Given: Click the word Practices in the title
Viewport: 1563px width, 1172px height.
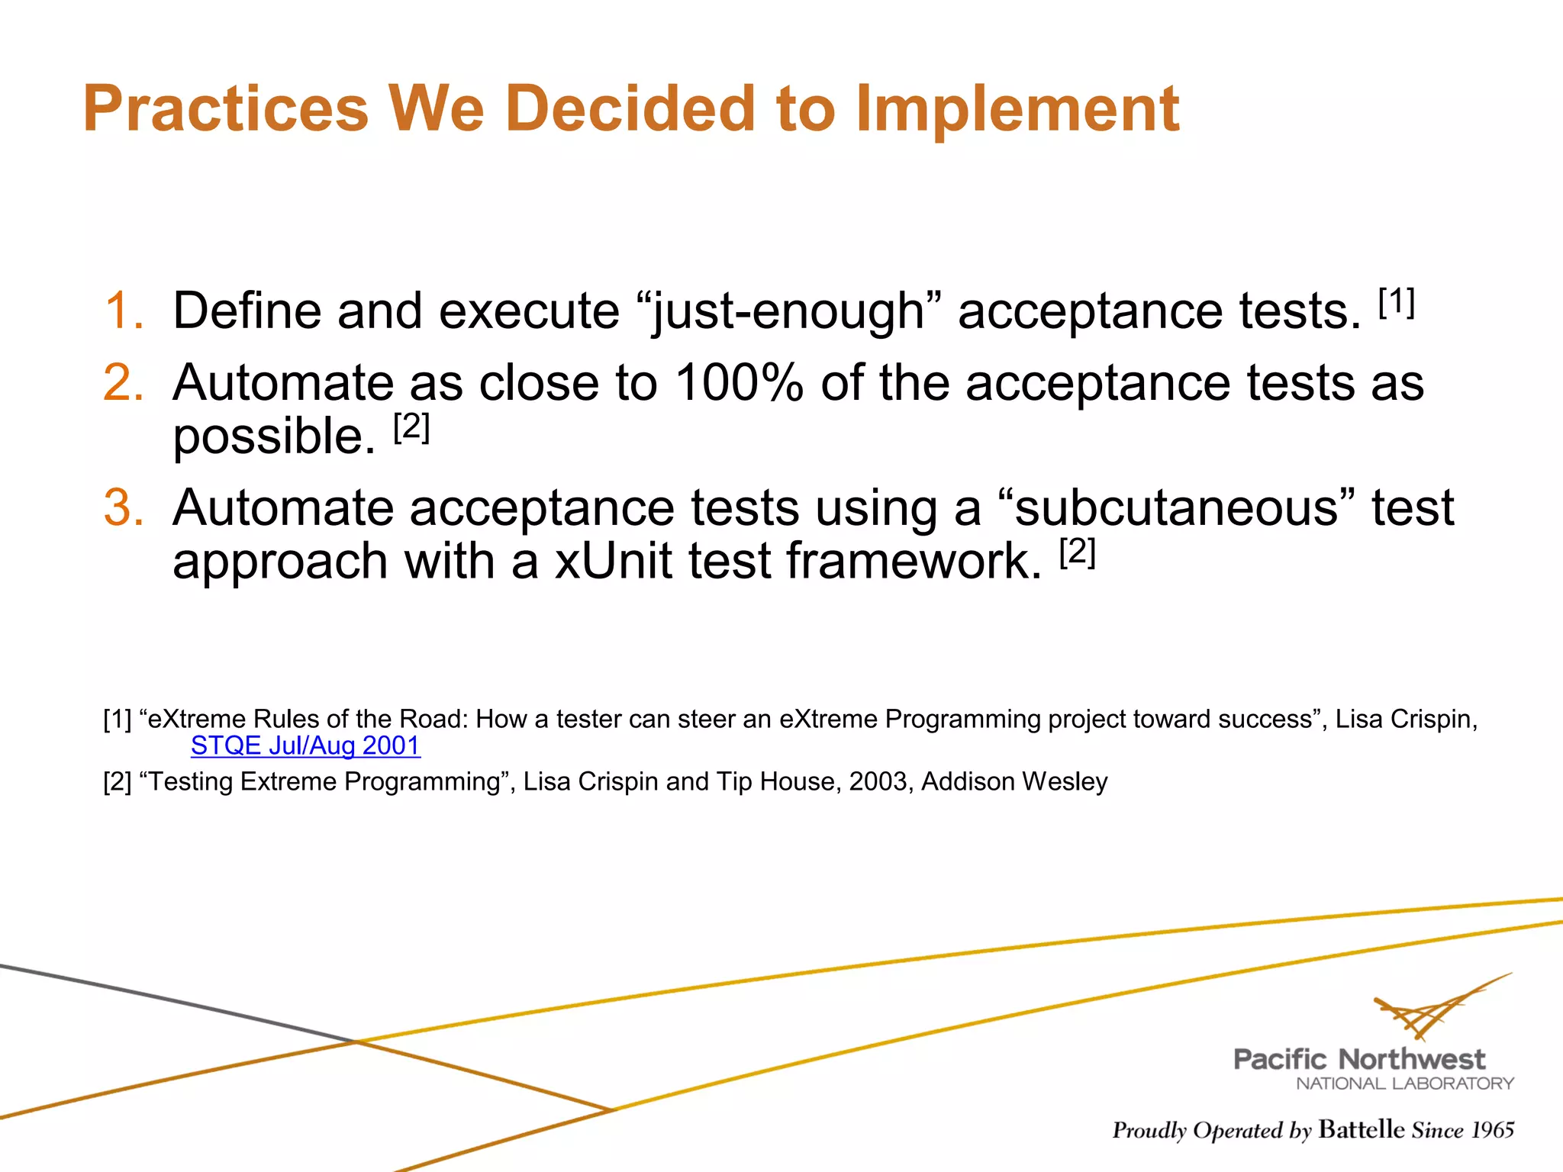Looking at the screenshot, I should [226, 108].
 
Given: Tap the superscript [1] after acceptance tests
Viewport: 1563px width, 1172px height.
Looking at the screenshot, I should [1397, 302].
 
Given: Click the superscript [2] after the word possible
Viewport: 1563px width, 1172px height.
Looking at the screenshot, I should [412, 427].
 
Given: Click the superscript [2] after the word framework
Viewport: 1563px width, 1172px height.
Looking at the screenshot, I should [1078, 552].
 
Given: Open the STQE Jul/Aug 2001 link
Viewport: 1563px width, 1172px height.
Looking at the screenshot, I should [305, 745].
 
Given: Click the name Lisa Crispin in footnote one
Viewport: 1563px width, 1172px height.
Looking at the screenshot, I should [1404, 719].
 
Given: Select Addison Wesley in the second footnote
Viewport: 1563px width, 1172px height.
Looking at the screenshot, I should [1014, 781].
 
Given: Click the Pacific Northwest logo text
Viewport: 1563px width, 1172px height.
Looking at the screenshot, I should [1359, 1059].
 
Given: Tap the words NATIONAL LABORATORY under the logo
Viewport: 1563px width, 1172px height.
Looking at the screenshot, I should [1404, 1083].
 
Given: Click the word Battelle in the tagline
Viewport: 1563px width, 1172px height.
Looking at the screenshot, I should [1361, 1129].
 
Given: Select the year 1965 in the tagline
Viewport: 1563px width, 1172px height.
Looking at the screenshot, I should [1492, 1129].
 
